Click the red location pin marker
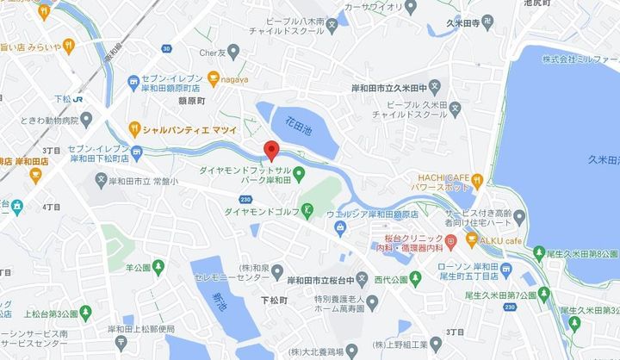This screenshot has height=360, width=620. pyautogui.click(x=271, y=150)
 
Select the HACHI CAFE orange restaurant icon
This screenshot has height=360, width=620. pyautogui.click(x=476, y=181)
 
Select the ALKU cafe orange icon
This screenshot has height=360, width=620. pyautogui.click(x=471, y=239)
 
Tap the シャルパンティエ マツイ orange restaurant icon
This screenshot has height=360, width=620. pyautogui.click(x=133, y=129)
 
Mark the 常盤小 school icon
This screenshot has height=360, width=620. pyautogui.click(x=102, y=182)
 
